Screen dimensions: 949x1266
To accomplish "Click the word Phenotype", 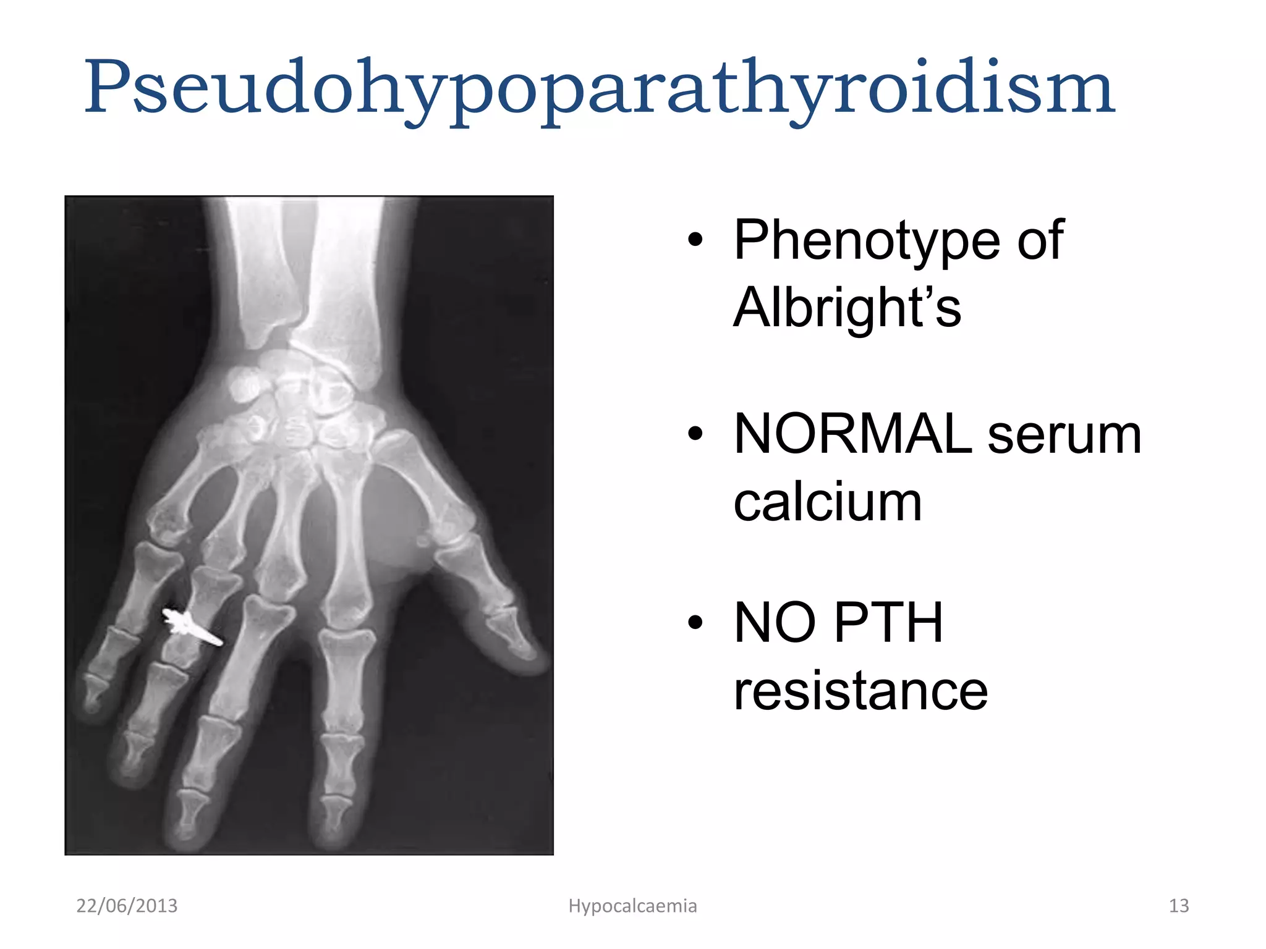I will pyautogui.click(x=865, y=240).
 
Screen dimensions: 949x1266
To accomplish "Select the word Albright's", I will pyautogui.click(x=846, y=307).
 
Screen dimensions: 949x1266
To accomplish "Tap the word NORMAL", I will pyautogui.click(x=853, y=435).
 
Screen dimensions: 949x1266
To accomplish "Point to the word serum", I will pyautogui.click(x=1064, y=435).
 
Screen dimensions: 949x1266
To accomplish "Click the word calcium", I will pyautogui.click(x=827, y=502).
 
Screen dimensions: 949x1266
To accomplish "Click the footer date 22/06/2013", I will pyautogui.click(x=127, y=906).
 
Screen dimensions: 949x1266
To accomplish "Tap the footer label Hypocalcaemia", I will pyautogui.click(x=632, y=906).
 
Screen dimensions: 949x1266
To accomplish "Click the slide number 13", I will pyautogui.click(x=1178, y=906).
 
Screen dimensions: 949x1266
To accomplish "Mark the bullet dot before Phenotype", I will pyautogui.click(x=695, y=240).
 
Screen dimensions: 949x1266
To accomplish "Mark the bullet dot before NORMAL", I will pyautogui.click(x=695, y=435).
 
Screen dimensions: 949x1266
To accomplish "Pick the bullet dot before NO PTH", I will pyautogui.click(x=695, y=623).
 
